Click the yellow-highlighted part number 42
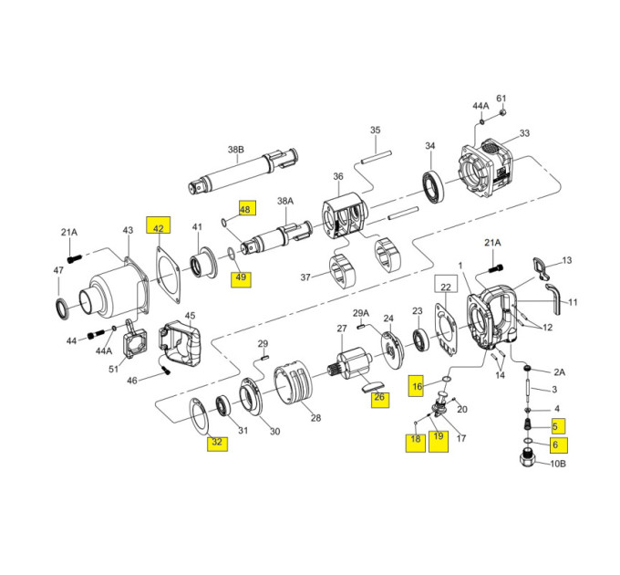tap(158, 225)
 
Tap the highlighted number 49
tap(241, 277)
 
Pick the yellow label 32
tap(217, 442)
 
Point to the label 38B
tap(235, 150)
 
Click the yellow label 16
tap(417, 385)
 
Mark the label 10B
tap(558, 464)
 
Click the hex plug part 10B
tap(528, 458)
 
